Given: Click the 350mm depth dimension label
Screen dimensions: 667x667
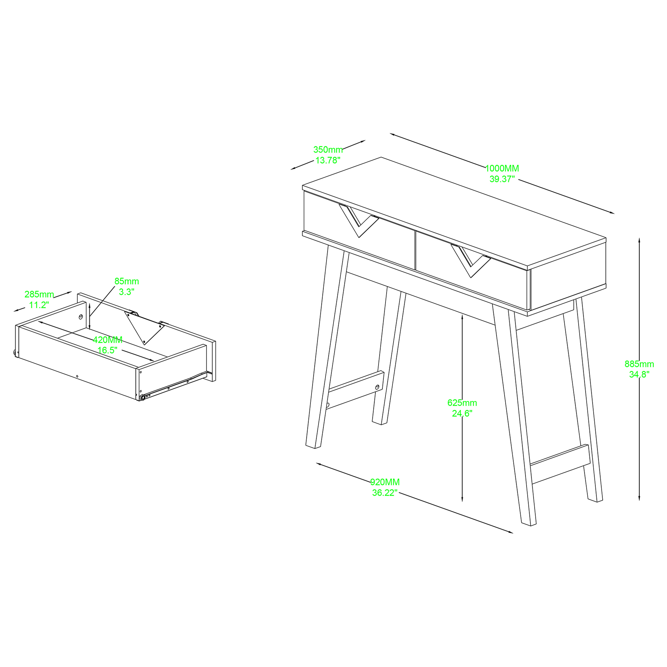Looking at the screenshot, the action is (x=328, y=150).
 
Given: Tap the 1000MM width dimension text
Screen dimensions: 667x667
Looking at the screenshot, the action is (x=502, y=168).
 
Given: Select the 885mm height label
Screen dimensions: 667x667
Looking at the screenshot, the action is (x=639, y=364).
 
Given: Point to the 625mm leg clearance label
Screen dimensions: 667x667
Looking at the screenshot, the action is (x=462, y=403).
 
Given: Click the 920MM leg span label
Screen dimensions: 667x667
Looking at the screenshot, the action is (x=385, y=482).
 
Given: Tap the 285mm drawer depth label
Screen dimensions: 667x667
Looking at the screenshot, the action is (x=39, y=294).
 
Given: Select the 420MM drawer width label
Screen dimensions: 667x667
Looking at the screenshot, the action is (x=108, y=340).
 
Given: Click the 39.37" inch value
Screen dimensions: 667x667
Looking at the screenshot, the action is (x=502, y=179).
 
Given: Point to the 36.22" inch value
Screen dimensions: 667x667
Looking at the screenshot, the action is (x=385, y=493).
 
